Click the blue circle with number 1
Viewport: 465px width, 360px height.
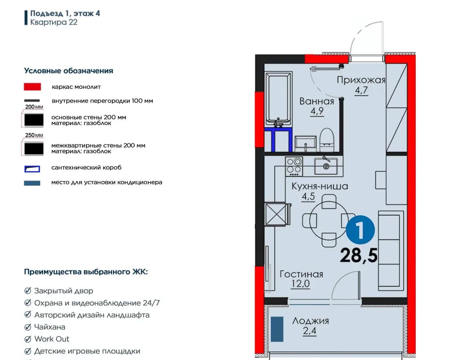click(x=361, y=230)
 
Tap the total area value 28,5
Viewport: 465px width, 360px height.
click(x=359, y=256)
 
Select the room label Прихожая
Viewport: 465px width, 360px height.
click(x=361, y=80)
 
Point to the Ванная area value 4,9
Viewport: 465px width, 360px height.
click(x=317, y=111)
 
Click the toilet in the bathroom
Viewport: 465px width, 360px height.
click(x=327, y=140)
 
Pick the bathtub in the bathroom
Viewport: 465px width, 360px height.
click(x=278, y=99)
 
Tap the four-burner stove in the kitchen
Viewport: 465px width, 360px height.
click(x=294, y=166)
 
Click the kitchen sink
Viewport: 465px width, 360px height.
click(x=326, y=166)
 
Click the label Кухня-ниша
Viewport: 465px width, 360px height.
click(x=320, y=186)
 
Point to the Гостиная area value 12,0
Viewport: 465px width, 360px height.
click(x=300, y=284)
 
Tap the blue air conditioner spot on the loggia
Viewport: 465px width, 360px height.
click(x=277, y=329)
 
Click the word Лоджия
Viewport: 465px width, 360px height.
click(x=310, y=321)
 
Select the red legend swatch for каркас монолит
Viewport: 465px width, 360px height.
click(x=32, y=87)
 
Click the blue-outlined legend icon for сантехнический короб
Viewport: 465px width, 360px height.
click(x=32, y=169)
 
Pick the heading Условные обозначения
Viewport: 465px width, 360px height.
click(x=69, y=71)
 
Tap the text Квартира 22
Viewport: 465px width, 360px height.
click(x=54, y=22)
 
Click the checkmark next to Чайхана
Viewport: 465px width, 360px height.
click(x=28, y=327)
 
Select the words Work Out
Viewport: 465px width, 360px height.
click(x=52, y=339)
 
